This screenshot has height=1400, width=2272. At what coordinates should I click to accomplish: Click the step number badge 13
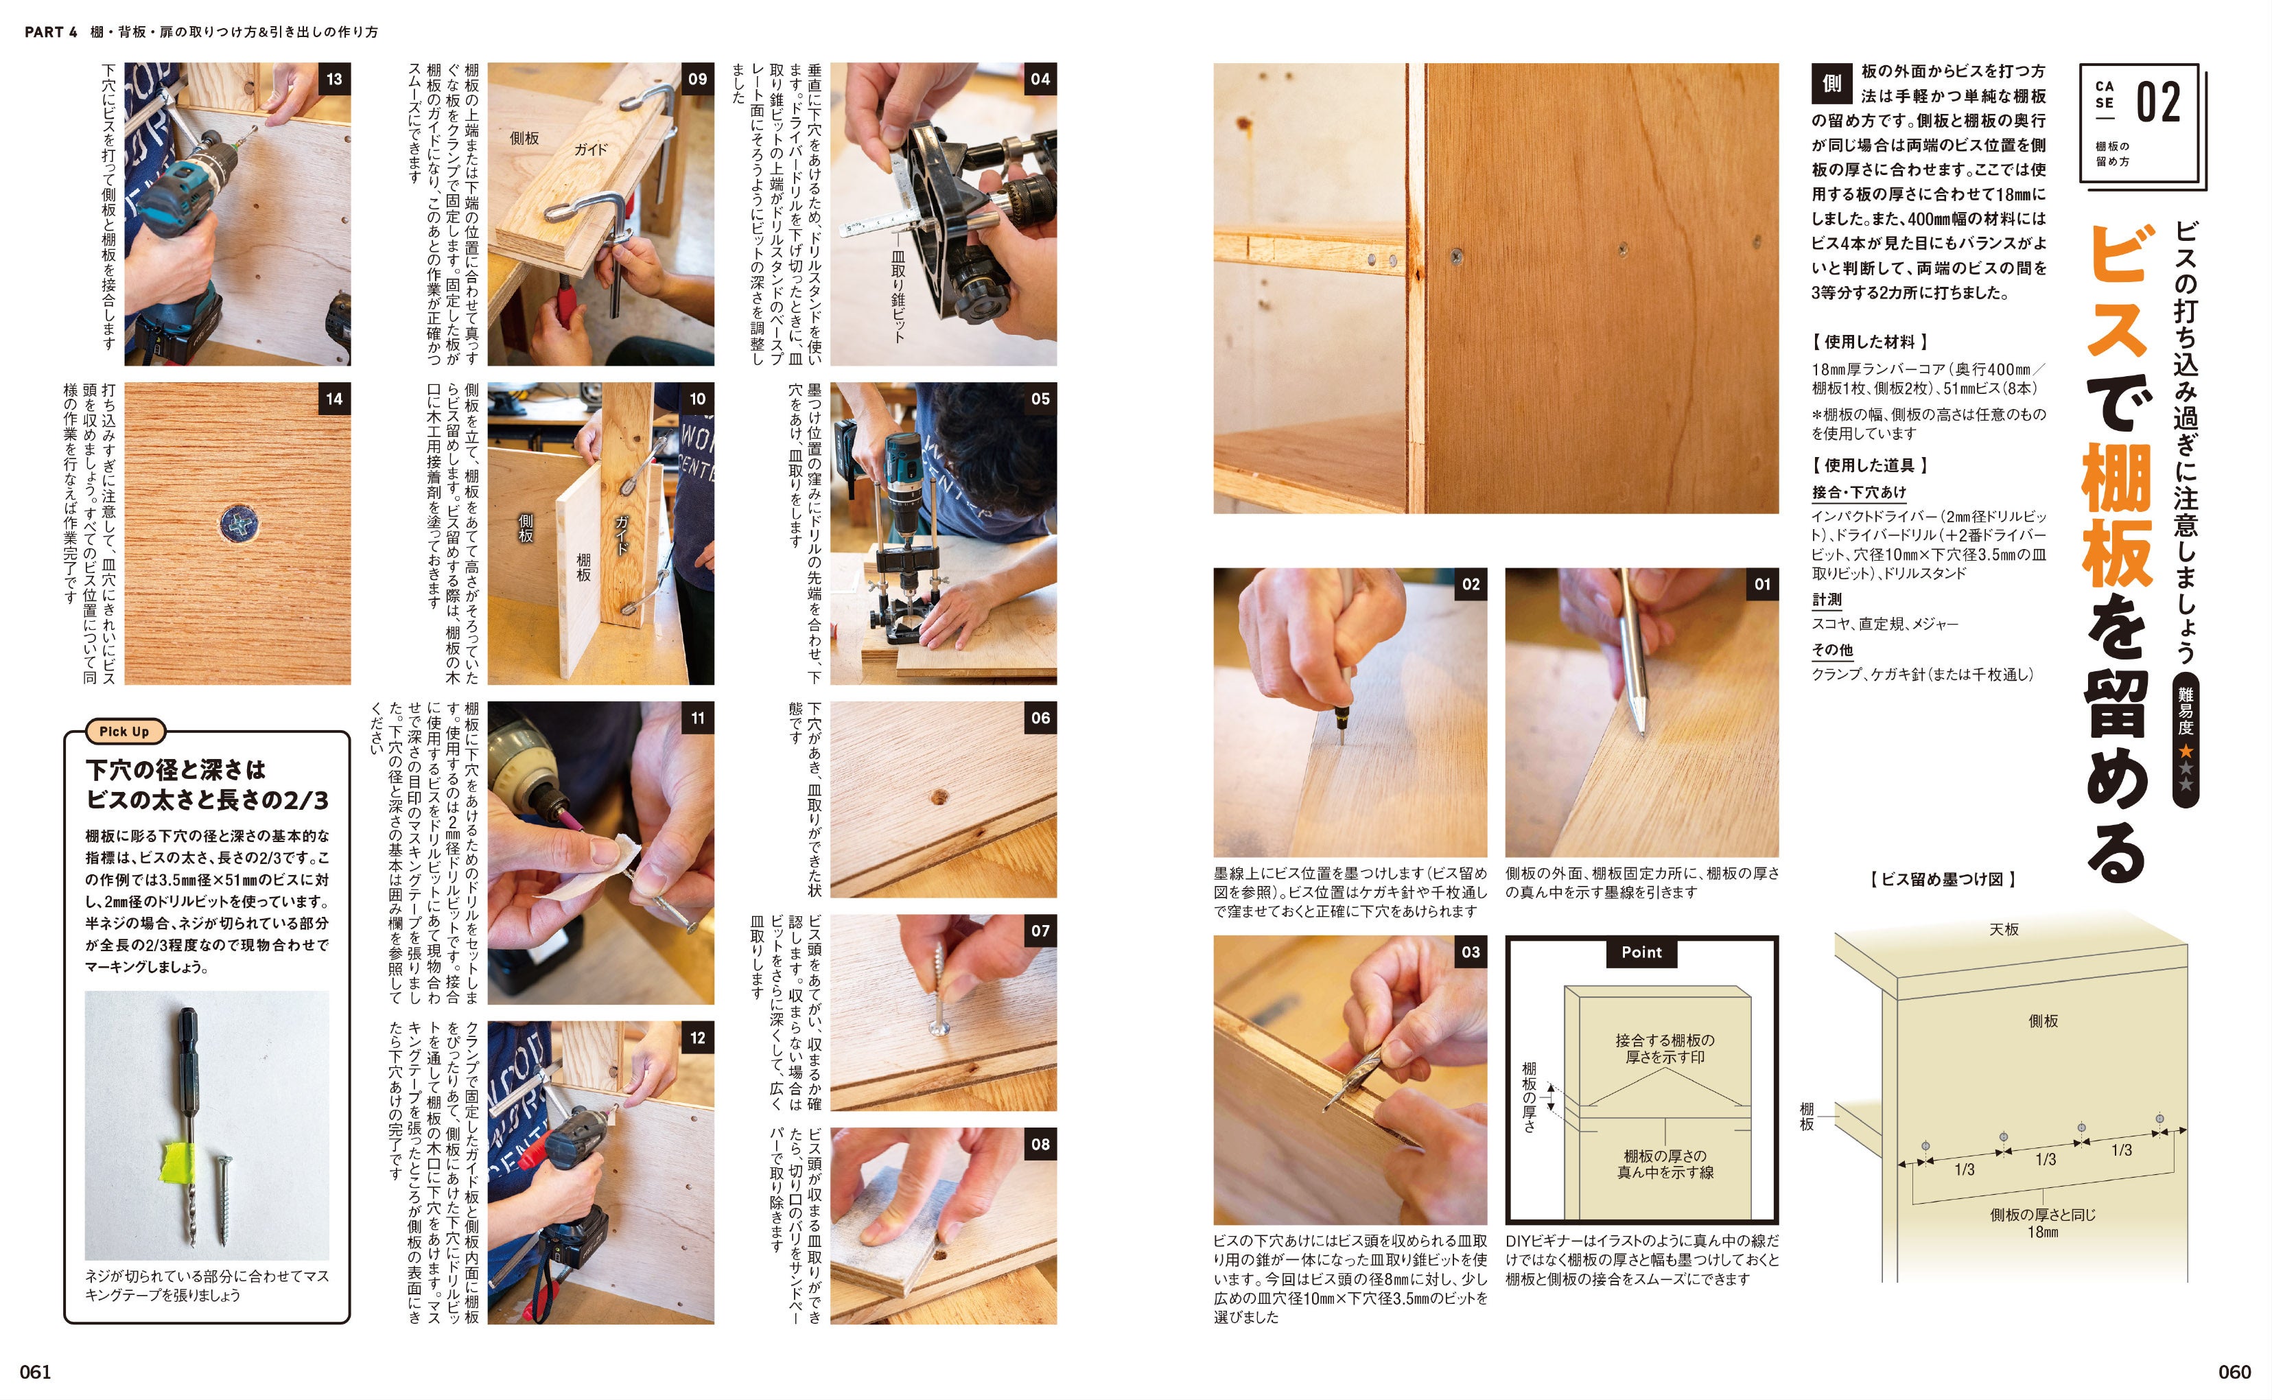point(334,80)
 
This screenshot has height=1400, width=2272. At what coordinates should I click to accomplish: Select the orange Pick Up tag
point(124,732)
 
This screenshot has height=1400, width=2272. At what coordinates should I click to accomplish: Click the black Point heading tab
point(1641,952)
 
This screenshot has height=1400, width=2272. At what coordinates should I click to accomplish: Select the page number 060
point(2234,1371)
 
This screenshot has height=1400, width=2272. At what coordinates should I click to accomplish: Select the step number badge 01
point(1762,584)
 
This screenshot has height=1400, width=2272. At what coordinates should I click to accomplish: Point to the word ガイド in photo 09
point(589,149)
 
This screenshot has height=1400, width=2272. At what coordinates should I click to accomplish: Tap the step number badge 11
point(697,718)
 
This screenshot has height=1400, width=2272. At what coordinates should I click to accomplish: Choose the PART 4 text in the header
point(51,32)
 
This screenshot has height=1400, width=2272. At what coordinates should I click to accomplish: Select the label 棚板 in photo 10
point(583,567)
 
